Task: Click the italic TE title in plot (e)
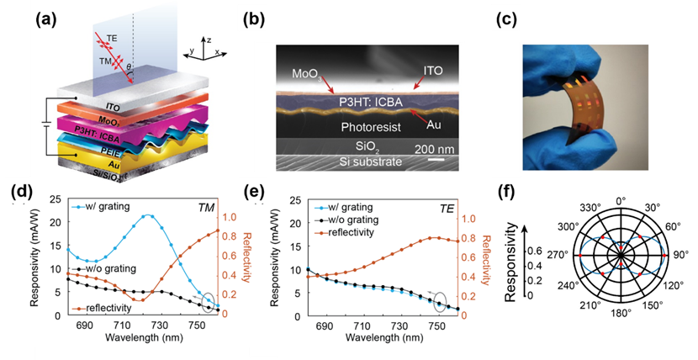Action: pyautogui.click(x=453, y=207)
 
